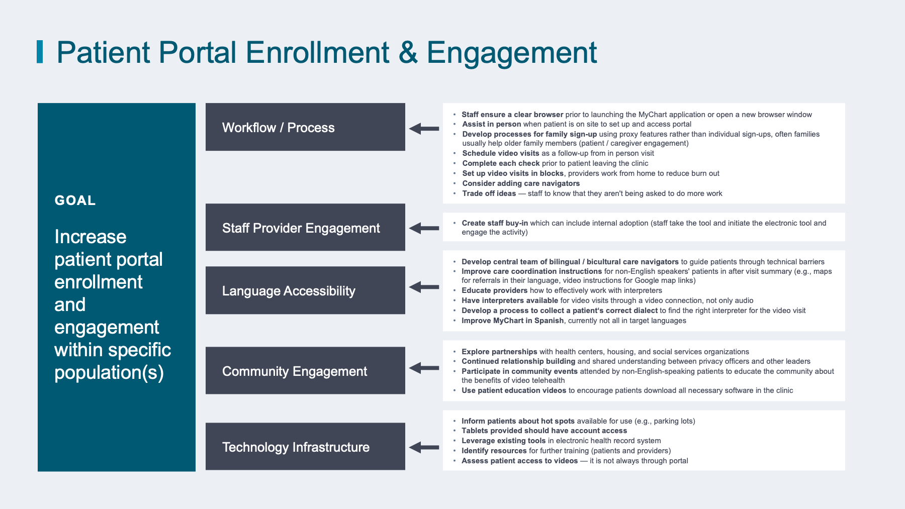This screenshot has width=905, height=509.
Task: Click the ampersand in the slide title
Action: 408,53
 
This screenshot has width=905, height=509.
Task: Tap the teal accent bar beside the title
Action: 40,52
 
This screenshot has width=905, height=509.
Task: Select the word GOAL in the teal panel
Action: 75,200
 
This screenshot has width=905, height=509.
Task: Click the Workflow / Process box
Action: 305,127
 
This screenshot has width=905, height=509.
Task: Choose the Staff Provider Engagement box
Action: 305,227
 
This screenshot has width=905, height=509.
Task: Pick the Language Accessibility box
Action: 305,290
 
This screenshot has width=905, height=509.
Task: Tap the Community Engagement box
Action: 305,370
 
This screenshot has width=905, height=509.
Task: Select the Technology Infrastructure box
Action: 305,446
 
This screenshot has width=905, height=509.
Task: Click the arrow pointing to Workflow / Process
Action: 424,129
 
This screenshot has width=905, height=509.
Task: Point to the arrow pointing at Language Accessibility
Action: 424,287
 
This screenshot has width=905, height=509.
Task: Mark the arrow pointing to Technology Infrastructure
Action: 424,447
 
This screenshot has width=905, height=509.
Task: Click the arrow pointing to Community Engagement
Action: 424,368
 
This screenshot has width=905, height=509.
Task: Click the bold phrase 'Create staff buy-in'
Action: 495,223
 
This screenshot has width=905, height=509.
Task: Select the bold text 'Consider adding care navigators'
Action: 521,183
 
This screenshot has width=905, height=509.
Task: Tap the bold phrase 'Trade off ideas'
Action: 489,193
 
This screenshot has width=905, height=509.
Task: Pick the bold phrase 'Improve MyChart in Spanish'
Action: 513,321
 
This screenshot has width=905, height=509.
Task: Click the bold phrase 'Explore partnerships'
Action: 499,352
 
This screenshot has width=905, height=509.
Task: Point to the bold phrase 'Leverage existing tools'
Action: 504,441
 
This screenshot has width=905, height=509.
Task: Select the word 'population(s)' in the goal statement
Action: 109,373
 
